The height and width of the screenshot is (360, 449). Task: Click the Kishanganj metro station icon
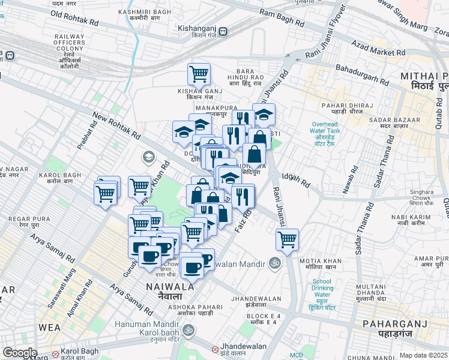[x=223, y=32]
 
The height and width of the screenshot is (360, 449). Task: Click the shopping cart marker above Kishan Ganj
[x=199, y=75]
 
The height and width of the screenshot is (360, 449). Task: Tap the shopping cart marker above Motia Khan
[x=288, y=240]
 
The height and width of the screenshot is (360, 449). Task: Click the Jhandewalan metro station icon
[x=214, y=349]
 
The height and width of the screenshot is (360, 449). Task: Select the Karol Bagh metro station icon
[x=55, y=353]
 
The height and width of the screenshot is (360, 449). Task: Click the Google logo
[x=20, y=353]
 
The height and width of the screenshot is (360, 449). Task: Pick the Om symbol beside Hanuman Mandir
[x=186, y=329]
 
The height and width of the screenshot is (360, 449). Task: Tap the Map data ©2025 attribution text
[x=423, y=355]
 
